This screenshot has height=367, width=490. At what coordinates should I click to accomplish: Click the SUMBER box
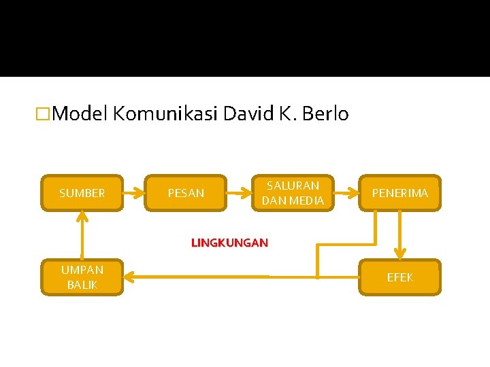(x=82, y=193)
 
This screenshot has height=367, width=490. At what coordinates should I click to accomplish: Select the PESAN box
(x=186, y=193)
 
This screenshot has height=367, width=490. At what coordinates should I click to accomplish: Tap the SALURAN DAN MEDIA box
(x=293, y=193)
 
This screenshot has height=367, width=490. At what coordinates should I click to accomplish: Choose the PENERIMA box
(x=400, y=193)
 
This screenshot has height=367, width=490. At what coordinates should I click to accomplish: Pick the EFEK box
(x=400, y=277)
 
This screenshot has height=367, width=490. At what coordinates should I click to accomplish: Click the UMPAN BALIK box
(x=82, y=277)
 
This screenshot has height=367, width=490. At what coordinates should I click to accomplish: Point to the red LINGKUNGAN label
(x=229, y=243)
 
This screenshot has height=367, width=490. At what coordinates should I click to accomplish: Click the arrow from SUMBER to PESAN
(x=134, y=193)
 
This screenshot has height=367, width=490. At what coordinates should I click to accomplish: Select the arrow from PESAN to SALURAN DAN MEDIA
(x=238, y=193)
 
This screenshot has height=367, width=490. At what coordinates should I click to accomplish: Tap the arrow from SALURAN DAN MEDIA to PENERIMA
(x=346, y=193)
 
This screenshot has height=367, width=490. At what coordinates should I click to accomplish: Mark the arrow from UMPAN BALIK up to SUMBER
(x=82, y=235)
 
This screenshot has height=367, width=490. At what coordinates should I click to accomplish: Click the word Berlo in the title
(x=325, y=113)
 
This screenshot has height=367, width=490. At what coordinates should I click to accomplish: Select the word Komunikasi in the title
(x=165, y=113)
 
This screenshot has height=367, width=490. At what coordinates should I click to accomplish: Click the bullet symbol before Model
(x=45, y=114)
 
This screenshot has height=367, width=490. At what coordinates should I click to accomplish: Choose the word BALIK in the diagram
(x=82, y=285)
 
